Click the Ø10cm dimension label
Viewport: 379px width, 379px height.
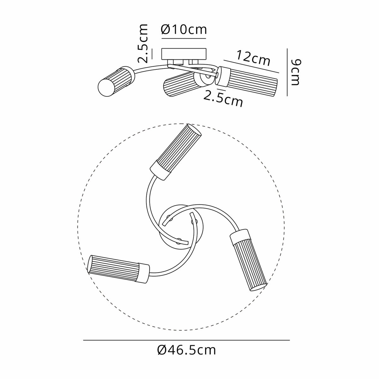[x=184, y=29]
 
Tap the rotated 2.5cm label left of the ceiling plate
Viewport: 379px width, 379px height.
[x=142, y=44]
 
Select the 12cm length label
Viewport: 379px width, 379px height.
[x=253, y=58]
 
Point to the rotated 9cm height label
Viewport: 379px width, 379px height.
[x=296, y=72]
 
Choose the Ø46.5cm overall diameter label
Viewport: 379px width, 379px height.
[x=186, y=350]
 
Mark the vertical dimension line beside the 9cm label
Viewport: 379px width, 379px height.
[x=287, y=72]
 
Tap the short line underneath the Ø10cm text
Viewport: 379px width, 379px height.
[x=184, y=38]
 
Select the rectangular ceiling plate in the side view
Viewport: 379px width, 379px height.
[x=184, y=54]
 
